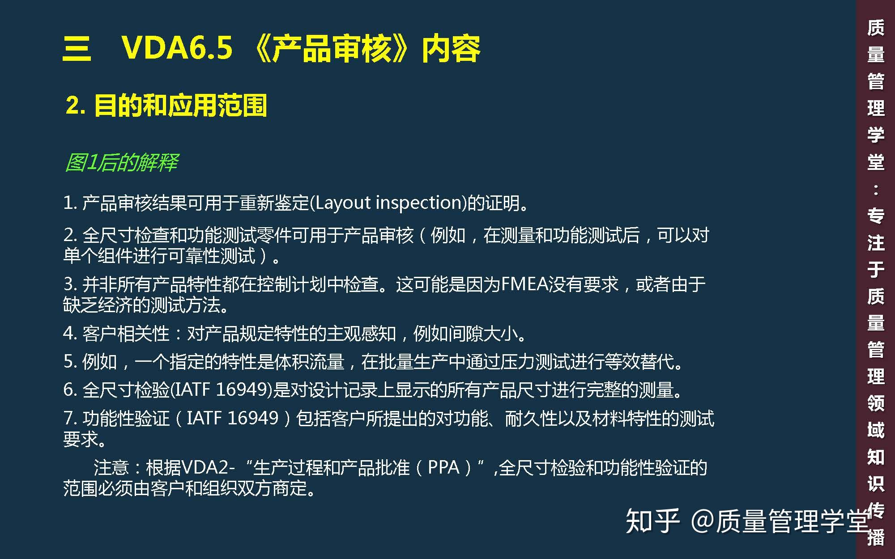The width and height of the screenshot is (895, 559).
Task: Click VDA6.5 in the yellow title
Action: coord(177,47)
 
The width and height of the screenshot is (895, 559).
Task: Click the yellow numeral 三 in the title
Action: coord(77,48)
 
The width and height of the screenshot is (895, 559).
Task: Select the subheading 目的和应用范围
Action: coord(180,106)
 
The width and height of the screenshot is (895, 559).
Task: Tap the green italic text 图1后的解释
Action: coord(122,162)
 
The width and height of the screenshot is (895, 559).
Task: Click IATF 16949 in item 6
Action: coord(221,390)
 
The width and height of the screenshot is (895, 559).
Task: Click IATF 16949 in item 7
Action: coord(233,418)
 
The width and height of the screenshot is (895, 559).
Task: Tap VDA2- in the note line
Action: coord(209,468)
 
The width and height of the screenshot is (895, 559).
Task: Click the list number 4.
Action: coord(70,334)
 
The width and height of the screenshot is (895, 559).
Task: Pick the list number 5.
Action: coord(70,361)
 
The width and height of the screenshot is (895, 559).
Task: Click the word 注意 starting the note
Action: coord(111,468)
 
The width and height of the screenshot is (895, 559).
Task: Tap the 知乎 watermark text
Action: coord(652,521)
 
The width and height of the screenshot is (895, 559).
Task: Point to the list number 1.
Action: coord(68,203)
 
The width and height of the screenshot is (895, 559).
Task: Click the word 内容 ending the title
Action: coord(451,48)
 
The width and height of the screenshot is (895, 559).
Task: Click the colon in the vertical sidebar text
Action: coord(875,190)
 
